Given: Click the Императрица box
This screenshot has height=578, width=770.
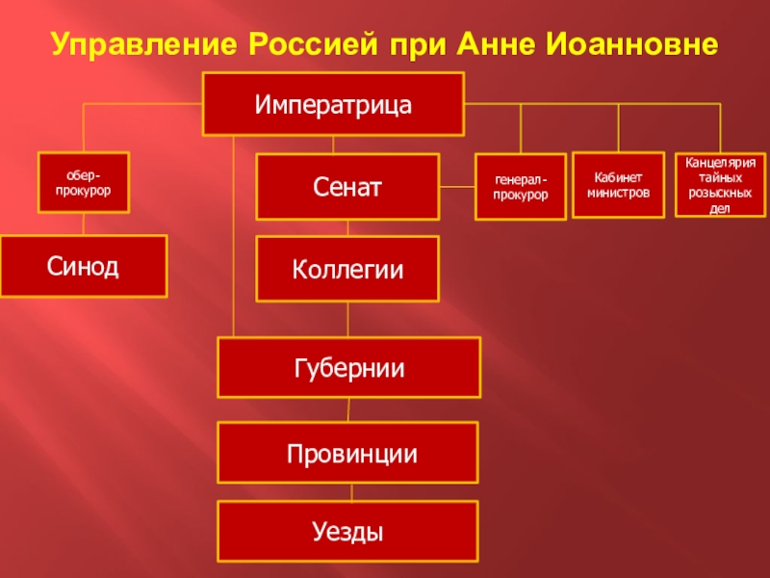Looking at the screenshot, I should (333, 104).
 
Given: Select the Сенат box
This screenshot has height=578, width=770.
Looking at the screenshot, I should (347, 186).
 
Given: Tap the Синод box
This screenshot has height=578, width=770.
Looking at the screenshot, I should (84, 266).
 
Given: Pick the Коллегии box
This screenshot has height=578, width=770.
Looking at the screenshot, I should (347, 269).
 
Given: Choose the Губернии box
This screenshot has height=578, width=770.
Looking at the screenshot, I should (348, 367).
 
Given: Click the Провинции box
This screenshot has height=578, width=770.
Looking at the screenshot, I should (348, 452).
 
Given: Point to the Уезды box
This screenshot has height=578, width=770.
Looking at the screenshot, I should (348, 531).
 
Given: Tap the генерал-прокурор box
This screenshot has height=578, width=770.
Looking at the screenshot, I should (521, 186).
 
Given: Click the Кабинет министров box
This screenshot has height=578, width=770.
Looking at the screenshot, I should (618, 184).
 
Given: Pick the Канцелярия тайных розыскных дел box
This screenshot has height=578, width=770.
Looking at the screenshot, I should (720, 184).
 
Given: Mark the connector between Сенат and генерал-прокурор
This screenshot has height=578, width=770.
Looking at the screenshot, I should (457, 186).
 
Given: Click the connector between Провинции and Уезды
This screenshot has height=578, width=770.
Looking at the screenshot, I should (348, 492).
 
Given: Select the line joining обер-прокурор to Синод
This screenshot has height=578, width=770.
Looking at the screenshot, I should (84, 223).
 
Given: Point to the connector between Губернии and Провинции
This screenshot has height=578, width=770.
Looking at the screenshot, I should (348, 409).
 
